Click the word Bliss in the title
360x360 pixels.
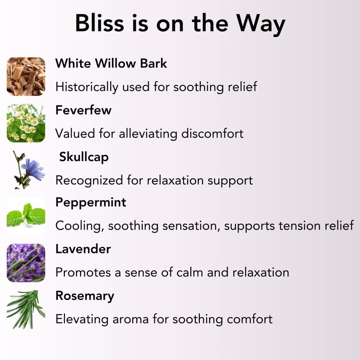pyautogui.click(x=99, y=23)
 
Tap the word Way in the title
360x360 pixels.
pyautogui.click(x=261, y=25)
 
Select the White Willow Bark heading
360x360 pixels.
pyautogui.click(x=111, y=63)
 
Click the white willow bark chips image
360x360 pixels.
pyautogui.click(x=26, y=76)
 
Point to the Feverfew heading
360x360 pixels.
pyautogui.click(x=83, y=110)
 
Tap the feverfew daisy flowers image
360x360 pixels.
pyautogui.click(x=26, y=123)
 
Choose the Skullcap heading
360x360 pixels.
pyautogui.click(x=84, y=157)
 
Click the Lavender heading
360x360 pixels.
pyautogui.click(x=83, y=249)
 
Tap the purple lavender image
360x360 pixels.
pyautogui.click(x=26, y=263)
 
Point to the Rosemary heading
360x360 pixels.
pyautogui.click(x=85, y=296)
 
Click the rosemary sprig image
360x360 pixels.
pyautogui.click(x=26, y=309)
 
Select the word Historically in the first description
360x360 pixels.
pyautogui.click(x=87, y=87)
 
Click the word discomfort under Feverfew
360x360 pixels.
pyautogui.click(x=212, y=133)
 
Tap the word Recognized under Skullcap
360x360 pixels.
pyautogui.click(x=89, y=181)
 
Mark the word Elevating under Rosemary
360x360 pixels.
pyautogui.click(x=82, y=319)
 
